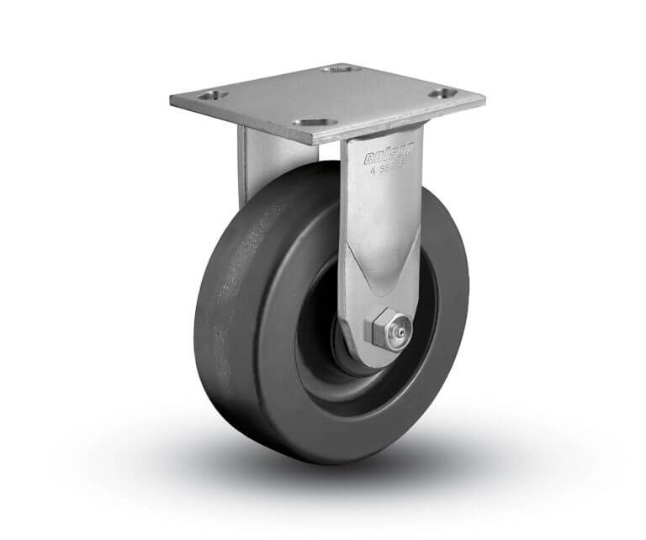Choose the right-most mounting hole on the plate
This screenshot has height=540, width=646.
[442, 93]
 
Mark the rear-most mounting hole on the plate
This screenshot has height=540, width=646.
[341, 68]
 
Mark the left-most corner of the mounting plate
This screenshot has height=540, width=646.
[171, 100]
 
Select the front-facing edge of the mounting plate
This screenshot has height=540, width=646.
[252, 123]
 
